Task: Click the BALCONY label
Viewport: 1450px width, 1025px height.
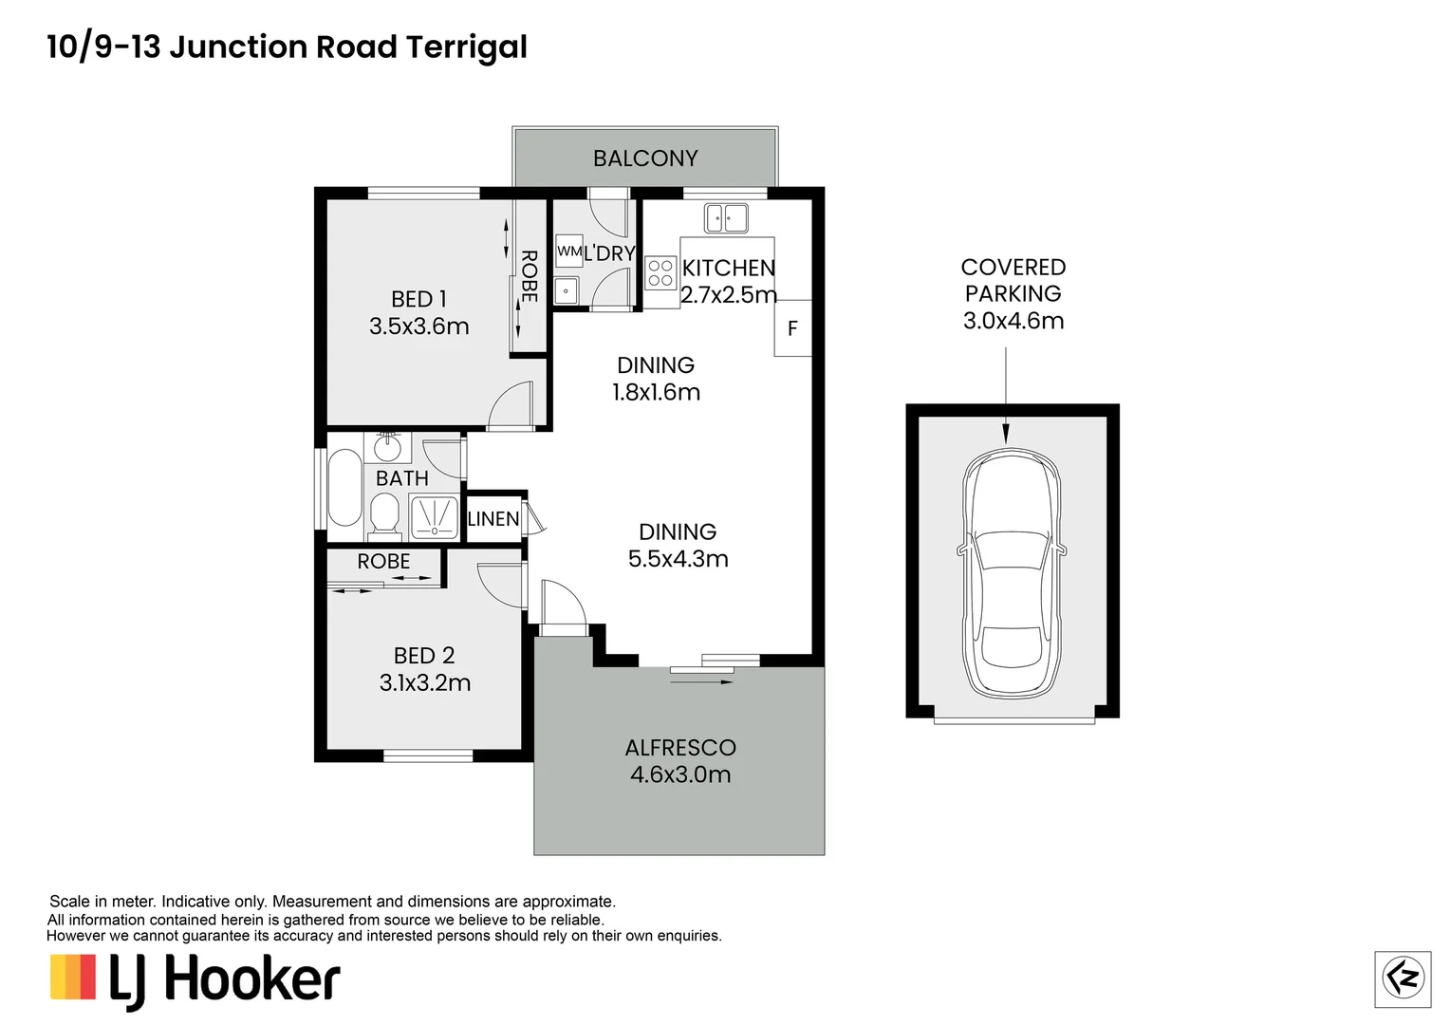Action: click(x=645, y=158)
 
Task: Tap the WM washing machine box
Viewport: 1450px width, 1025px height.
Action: click(x=568, y=252)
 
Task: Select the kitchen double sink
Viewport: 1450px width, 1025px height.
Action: click(x=726, y=218)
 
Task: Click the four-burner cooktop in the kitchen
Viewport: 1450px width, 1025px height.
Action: click(x=660, y=273)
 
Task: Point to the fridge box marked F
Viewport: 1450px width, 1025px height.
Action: click(x=792, y=328)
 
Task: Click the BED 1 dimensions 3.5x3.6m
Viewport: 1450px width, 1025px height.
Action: click(x=419, y=326)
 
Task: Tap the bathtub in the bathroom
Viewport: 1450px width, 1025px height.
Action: click(x=344, y=488)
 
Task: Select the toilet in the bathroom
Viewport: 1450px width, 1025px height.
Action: click(x=384, y=517)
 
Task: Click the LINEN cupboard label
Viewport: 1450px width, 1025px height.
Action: click(x=493, y=519)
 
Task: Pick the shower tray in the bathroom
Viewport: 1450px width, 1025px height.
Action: click(x=436, y=516)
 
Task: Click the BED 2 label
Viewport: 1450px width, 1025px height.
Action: click(x=424, y=656)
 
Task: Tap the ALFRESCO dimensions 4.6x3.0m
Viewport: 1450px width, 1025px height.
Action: click(x=680, y=775)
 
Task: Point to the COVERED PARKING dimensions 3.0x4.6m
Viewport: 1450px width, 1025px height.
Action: click(x=1013, y=321)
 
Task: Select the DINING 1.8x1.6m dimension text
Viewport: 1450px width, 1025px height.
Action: click(x=656, y=392)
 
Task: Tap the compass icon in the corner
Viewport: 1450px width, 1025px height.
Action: click(x=1403, y=978)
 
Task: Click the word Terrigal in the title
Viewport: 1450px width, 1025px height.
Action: click(x=466, y=47)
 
